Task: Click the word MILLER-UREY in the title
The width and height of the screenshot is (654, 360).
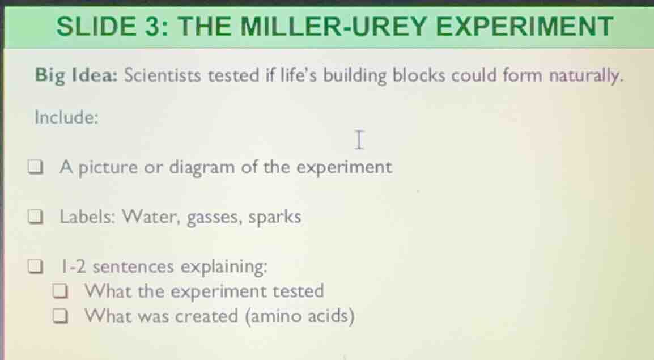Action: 328,26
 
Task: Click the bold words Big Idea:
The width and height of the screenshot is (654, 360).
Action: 76,76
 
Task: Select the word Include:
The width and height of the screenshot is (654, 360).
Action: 67,118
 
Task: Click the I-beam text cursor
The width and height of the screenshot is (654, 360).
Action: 358,139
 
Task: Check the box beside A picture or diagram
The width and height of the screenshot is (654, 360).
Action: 36,168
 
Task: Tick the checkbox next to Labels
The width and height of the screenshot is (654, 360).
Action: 36,218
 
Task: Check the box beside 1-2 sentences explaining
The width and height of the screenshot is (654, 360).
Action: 36,266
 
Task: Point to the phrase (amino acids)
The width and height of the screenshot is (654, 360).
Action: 300,316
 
